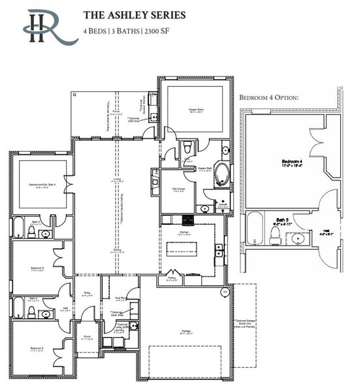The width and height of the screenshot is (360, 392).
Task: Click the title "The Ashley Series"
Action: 134,14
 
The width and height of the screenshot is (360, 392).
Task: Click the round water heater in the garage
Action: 225,291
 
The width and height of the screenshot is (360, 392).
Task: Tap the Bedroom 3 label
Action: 37,269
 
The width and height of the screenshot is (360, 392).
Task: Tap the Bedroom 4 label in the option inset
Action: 290,161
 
